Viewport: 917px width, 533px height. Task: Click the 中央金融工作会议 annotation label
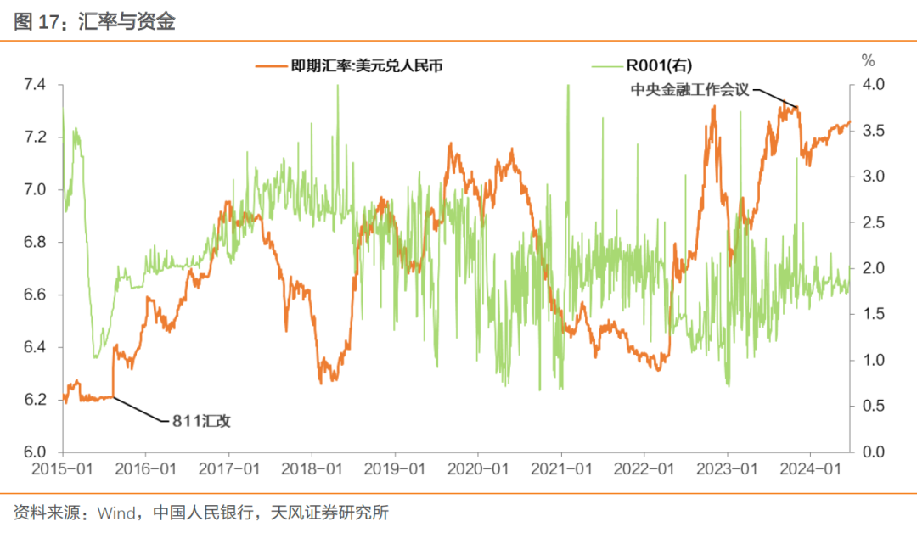coord(689,89)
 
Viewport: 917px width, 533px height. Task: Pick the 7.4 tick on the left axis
coord(36,85)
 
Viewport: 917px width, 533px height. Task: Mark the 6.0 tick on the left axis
coord(36,452)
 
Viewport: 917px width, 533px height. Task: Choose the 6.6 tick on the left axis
coord(36,295)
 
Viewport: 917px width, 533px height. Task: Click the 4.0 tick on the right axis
coord(873,85)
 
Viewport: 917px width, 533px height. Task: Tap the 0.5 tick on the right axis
coord(873,407)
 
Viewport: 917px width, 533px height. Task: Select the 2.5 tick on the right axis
coord(873,222)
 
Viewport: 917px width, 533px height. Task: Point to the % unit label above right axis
coord(868,60)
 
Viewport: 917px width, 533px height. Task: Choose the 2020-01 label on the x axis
coord(479,468)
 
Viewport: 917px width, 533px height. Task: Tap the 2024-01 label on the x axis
coord(812,468)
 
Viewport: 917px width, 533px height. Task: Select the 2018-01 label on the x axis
coord(312,468)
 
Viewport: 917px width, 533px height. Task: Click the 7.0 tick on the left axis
coord(36,190)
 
